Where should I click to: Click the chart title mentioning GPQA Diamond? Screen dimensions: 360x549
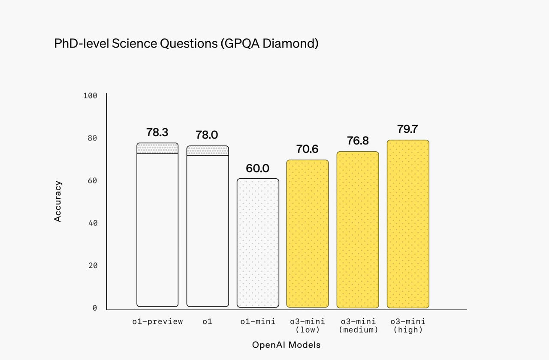pyautogui.click(x=186, y=44)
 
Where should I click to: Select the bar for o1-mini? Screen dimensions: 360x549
pyautogui.click(x=258, y=243)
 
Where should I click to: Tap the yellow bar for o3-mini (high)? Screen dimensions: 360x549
pyautogui.click(x=408, y=224)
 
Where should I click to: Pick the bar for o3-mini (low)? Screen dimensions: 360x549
pyautogui.click(x=308, y=234)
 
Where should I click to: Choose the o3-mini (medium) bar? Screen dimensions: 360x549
pyautogui.click(x=358, y=229)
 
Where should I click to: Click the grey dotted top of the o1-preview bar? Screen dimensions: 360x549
pyautogui.click(x=157, y=148)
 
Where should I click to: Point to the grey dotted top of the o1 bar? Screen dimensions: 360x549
pyautogui.click(x=208, y=150)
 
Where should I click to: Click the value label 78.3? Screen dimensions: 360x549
pyautogui.click(x=157, y=132)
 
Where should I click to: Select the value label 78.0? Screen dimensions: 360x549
pyautogui.click(x=207, y=135)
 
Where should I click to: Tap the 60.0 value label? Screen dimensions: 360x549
pyautogui.click(x=257, y=168)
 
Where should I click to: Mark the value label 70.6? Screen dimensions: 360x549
pyautogui.click(x=307, y=149)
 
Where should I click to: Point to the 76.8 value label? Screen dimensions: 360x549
pyautogui.click(x=358, y=141)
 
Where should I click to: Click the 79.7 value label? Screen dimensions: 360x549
pyautogui.click(x=407, y=129)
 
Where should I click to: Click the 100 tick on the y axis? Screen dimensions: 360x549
pyautogui.click(x=90, y=96)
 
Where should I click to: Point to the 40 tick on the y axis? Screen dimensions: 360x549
pyautogui.click(x=93, y=223)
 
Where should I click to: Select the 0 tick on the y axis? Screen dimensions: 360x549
pyautogui.click(x=95, y=308)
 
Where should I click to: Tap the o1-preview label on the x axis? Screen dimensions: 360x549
pyautogui.click(x=157, y=321)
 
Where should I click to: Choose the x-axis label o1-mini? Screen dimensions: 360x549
pyautogui.click(x=258, y=321)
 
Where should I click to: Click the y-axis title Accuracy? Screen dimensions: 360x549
pyautogui.click(x=58, y=201)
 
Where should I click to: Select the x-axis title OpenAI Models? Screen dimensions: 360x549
pyautogui.click(x=286, y=345)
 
